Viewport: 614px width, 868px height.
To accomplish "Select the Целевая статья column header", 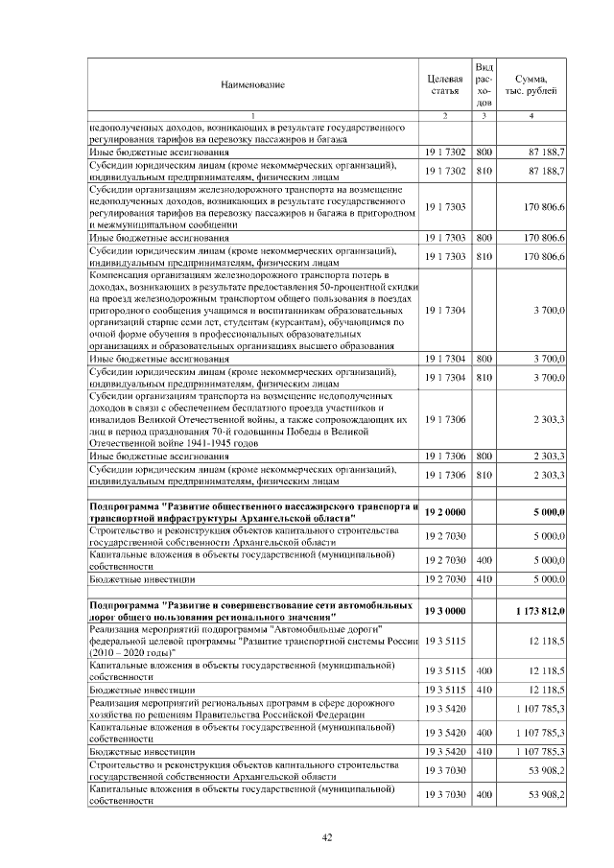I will click(x=444, y=83).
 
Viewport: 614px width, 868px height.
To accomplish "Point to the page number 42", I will click(x=326, y=837).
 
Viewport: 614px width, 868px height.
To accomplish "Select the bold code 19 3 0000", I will click(x=444, y=611).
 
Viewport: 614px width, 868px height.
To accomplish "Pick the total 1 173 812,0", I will click(x=536, y=611).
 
